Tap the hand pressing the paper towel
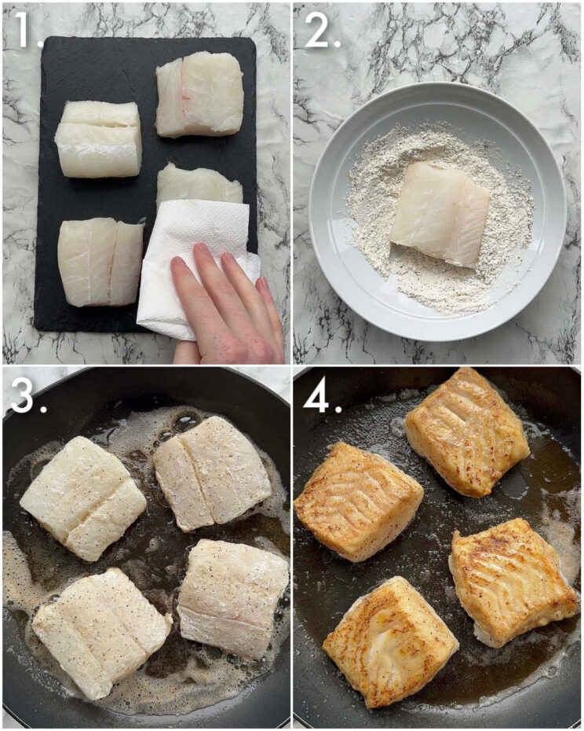pyautogui.click(x=228, y=314)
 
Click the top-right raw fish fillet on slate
pyautogui.click(x=199, y=94)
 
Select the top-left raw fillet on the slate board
pyautogui.click(x=99, y=138)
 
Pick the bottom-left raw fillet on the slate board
pyautogui.click(x=100, y=261)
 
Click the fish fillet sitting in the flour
pyautogui.click(x=440, y=214)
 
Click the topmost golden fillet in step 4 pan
pyautogui.click(x=466, y=432)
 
